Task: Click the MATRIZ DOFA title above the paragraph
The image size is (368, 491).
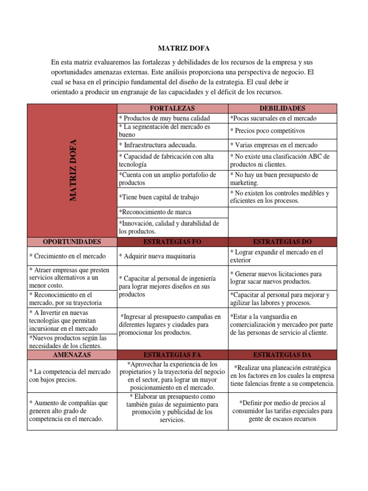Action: (x=184, y=48)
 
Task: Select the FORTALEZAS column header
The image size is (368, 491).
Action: (x=172, y=108)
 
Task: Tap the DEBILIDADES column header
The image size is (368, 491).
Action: (x=282, y=108)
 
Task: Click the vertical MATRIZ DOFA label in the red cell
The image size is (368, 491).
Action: (x=73, y=170)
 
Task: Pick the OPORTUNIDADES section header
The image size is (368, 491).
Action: (x=72, y=241)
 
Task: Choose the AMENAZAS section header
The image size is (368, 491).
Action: (x=72, y=355)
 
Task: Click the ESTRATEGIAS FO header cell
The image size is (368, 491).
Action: (x=172, y=241)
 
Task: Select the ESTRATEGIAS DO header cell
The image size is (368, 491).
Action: (x=282, y=241)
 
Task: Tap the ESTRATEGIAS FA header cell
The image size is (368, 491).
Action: (x=172, y=355)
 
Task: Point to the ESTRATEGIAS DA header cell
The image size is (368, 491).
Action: (x=282, y=355)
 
